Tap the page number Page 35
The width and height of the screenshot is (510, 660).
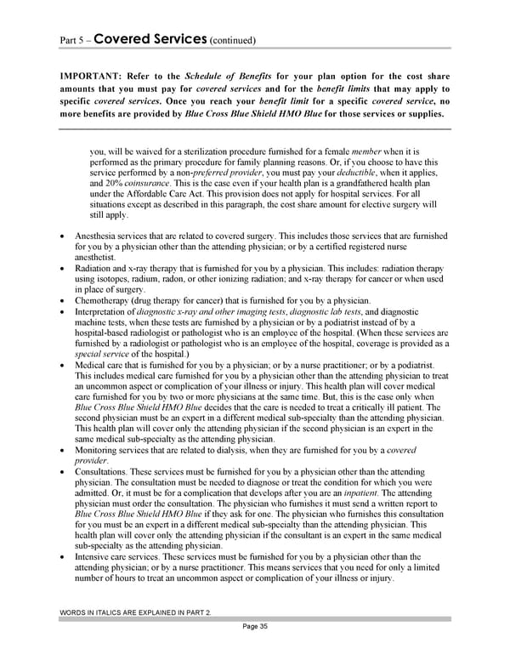click(254, 627)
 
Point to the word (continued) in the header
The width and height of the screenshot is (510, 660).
click(232, 41)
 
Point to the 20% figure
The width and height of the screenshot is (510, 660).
click(116, 183)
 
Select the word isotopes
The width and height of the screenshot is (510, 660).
click(114, 279)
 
